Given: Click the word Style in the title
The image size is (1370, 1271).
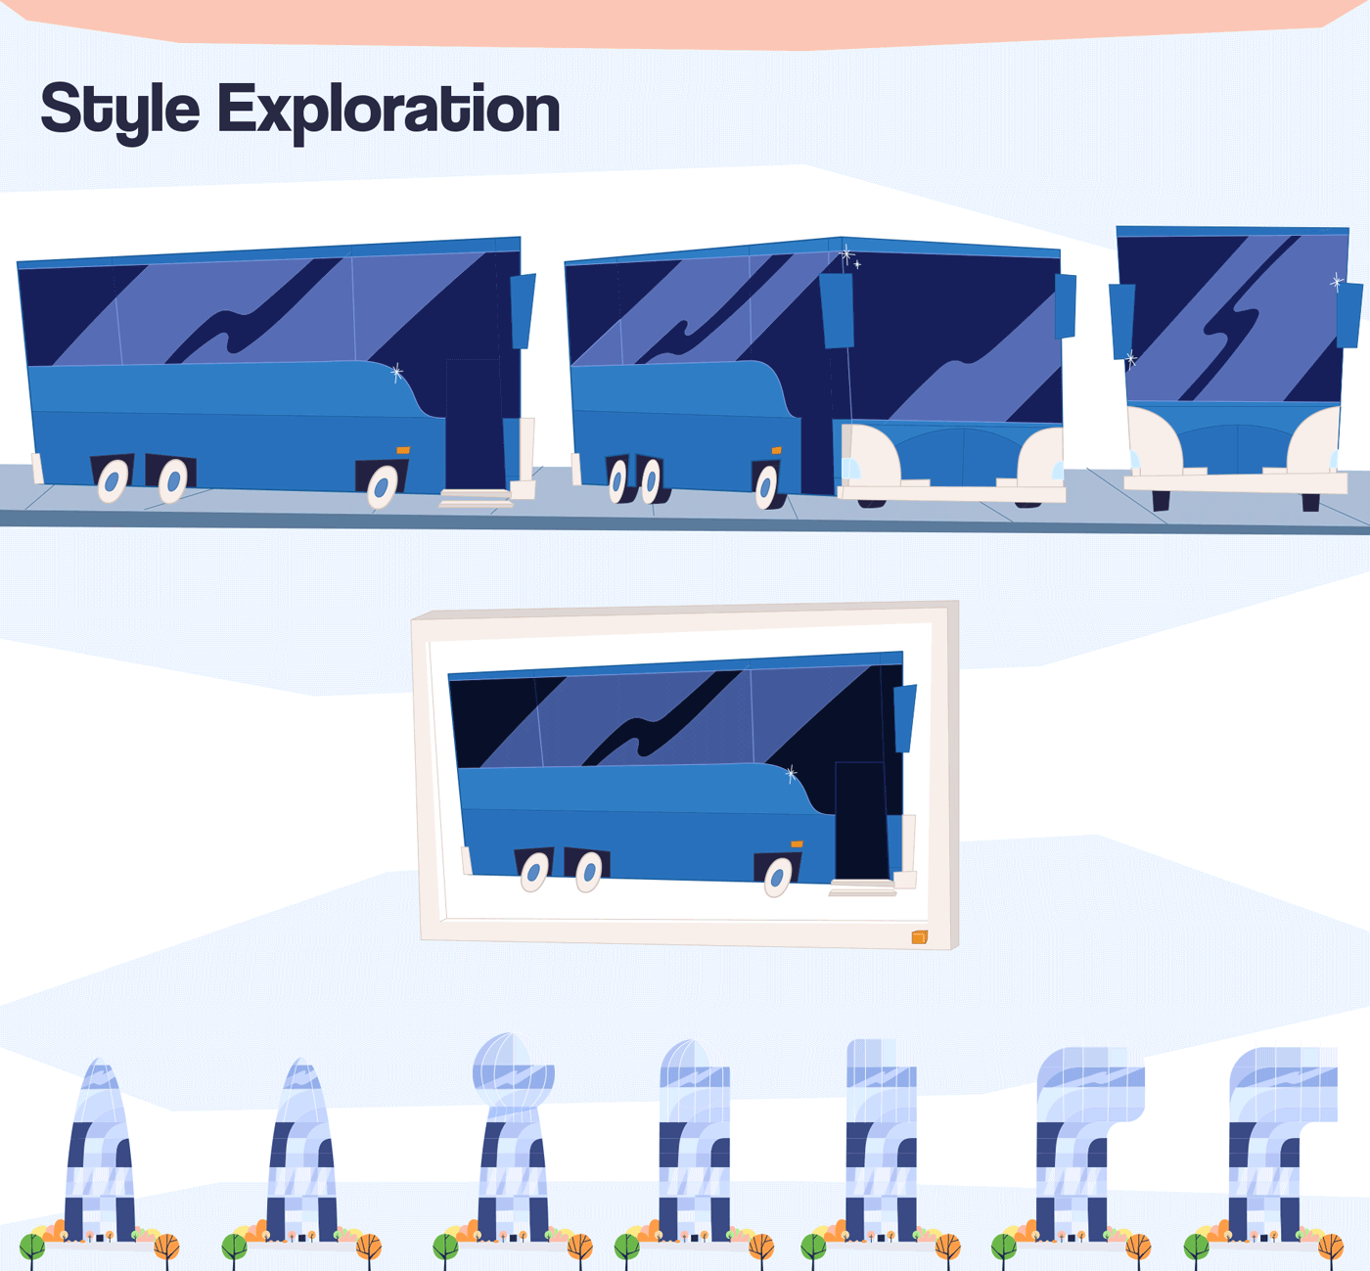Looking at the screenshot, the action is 119,110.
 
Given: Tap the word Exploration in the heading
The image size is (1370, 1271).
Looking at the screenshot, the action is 388,110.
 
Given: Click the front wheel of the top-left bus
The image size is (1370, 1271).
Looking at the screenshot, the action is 382,486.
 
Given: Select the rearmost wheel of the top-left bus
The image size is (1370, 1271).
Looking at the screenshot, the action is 113,480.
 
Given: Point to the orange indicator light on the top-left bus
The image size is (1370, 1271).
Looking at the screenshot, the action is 403,450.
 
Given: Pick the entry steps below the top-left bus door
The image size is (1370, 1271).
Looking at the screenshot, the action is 476,498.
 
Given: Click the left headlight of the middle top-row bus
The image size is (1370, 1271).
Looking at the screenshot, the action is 850,468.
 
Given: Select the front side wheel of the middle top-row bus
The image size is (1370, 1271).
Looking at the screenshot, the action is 766,486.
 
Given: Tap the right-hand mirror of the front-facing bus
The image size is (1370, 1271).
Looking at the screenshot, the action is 1349,314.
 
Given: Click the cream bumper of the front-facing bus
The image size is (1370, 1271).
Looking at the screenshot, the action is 1235,482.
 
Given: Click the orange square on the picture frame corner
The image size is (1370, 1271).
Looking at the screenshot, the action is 919,937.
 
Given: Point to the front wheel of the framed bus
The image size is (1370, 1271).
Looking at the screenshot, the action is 777,877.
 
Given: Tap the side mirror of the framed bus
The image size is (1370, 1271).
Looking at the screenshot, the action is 905,716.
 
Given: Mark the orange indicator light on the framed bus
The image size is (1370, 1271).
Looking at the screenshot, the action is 797,843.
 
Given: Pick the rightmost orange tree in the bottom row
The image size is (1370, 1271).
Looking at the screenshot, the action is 1330,1247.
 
